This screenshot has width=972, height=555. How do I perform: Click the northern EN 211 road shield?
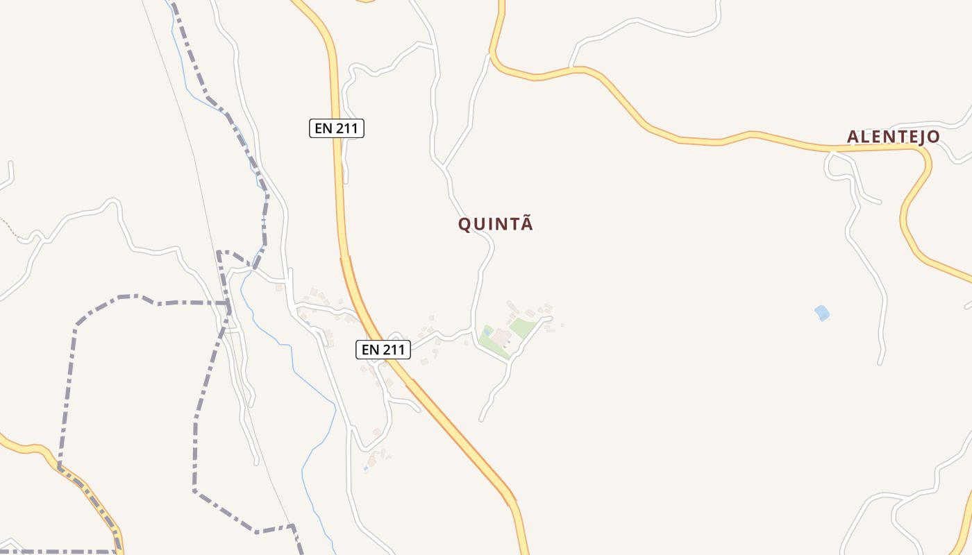[337, 128]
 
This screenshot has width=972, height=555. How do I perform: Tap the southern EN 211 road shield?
[383, 350]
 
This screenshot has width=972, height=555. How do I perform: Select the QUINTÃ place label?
[496, 224]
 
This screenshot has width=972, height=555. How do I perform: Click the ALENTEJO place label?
[893, 137]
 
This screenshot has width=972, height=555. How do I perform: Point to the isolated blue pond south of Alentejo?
[822, 313]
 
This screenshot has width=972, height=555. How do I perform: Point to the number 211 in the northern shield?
[346, 128]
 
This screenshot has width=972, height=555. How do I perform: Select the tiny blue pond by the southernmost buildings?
[366, 468]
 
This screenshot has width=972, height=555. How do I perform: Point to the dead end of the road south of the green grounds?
[480, 420]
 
